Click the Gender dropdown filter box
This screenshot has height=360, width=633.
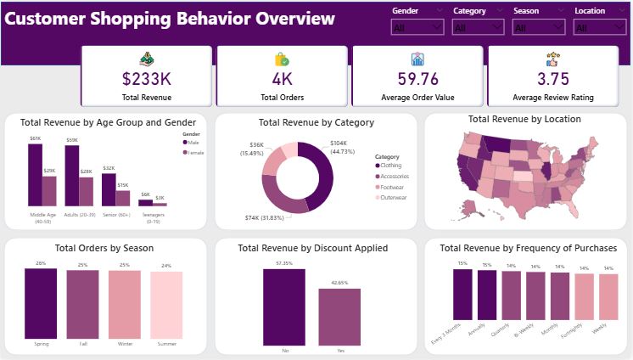pyautogui.click(x=417, y=27)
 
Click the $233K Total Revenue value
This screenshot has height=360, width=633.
pyautogui.click(x=146, y=79)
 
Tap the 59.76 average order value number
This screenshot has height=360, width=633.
pyautogui.click(x=417, y=79)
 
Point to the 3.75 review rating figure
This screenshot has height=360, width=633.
pyautogui.click(x=552, y=79)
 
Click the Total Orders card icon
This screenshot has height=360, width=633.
pyautogui.click(x=282, y=59)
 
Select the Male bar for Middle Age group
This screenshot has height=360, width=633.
pyautogui.click(x=35, y=174)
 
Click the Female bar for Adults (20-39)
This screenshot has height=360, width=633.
pyautogui.click(x=86, y=191)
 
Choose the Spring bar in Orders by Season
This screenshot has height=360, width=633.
pyautogui.click(x=46, y=304)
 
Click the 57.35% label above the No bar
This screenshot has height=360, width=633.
pyautogui.click(x=284, y=263)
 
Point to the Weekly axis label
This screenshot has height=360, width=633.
pyautogui.click(x=601, y=330)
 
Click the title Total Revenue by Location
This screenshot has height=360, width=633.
pyautogui.click(x=524, y=120)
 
